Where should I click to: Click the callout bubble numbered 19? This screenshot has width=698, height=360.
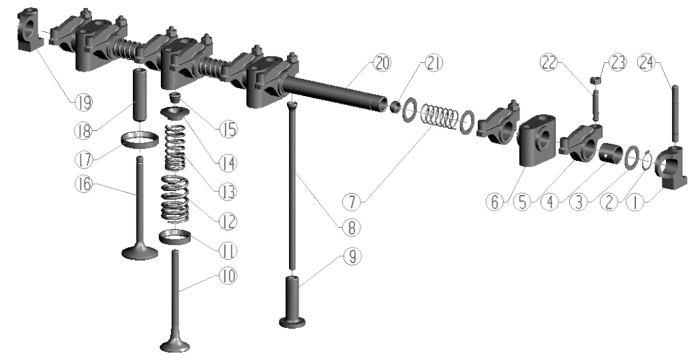(x=82, y=103)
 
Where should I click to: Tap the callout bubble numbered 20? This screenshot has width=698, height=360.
(x=382, y=63)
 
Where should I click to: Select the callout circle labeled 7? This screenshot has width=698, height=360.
(x=352, y=202)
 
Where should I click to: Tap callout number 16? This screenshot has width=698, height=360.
(x=82, y=183)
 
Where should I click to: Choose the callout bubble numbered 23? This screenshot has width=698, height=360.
(x=617, y=63)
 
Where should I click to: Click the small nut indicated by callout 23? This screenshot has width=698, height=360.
(x=596, y=80)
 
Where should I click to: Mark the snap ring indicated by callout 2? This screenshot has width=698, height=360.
(x=648, y=161)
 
